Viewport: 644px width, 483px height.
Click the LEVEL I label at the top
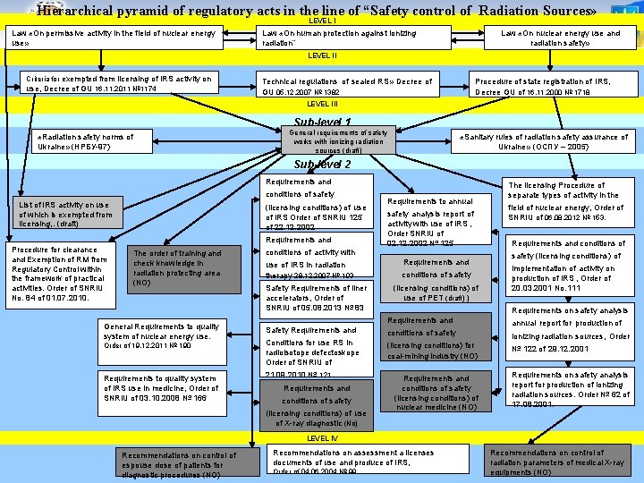click(x=322, y=20)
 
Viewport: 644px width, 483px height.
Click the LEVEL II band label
click(x=322, y=55)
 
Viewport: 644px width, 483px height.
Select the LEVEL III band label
click(x=322, y=104)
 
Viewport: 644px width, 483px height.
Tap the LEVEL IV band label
click(x=322, y=438)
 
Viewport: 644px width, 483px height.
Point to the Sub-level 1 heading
click(x=322, y=122)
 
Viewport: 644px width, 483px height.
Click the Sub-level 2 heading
click(x=322, y=165)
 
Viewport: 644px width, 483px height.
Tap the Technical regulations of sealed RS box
click(x=347, y=86)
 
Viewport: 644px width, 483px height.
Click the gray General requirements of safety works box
click(x=339, y=140)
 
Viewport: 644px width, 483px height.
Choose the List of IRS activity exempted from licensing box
click(x=65, y=215)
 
